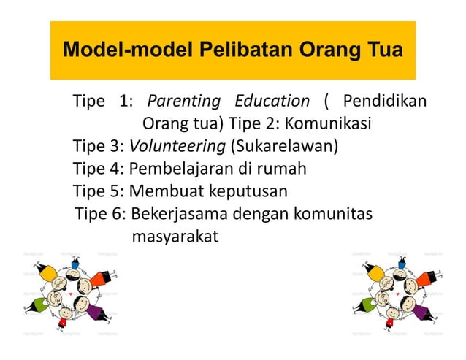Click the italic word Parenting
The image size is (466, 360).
pos(184,101)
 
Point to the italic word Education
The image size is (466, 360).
pos(272,101)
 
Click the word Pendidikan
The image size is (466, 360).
pos(385,101)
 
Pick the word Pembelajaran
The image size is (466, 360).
pos(180,169)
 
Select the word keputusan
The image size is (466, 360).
pos(247,191)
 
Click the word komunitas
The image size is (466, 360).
pos(332,214)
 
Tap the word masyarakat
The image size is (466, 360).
pos(175,237)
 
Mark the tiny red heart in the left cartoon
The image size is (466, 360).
pos(69,294)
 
